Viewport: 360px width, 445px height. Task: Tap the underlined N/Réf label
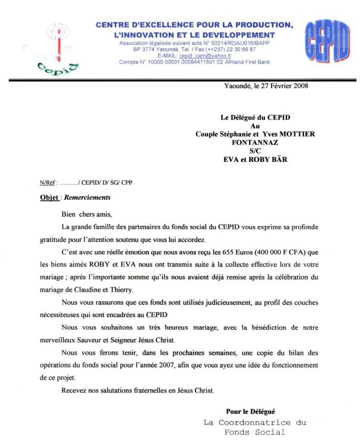click(48, 183)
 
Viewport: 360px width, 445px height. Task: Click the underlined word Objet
click(49, 198)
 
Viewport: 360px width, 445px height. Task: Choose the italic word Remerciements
click(87, 198)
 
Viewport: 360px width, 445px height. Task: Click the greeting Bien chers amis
click(87, 214)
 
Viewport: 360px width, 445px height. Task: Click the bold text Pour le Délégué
click(250, 412)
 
